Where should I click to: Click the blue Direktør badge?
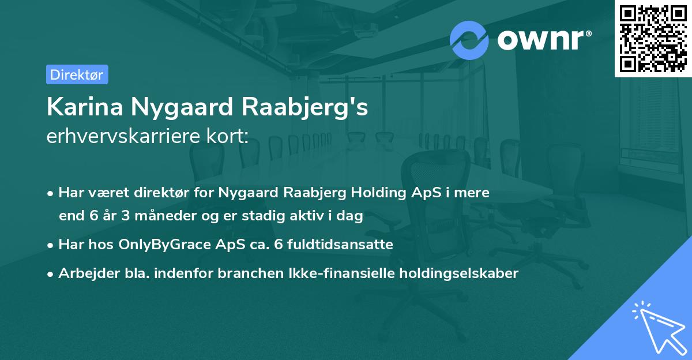coord(77,74)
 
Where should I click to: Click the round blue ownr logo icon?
coord(469,40)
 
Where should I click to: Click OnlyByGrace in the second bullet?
coord(162,245)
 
